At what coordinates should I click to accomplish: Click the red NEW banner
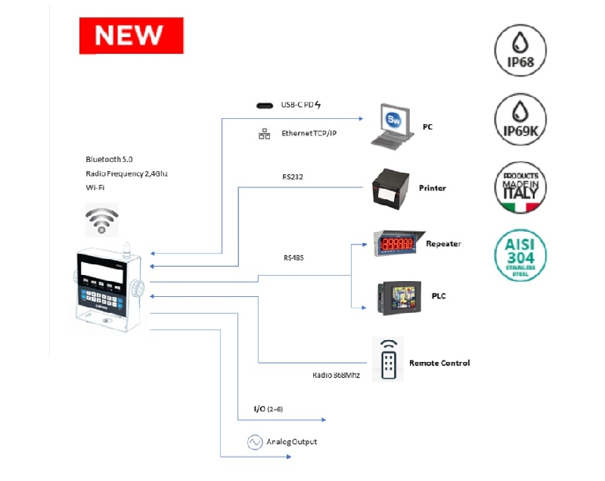tap(132, 35)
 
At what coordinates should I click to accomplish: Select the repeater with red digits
tap(396, 244)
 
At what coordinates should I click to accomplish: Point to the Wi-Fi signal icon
tap(101, 219)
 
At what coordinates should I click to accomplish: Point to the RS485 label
tap(295, 258)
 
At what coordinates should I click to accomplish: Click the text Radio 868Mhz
tap(337, 375)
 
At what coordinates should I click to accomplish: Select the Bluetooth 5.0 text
tap(109, 160)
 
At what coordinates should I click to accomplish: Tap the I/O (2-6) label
tap(268, 410)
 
